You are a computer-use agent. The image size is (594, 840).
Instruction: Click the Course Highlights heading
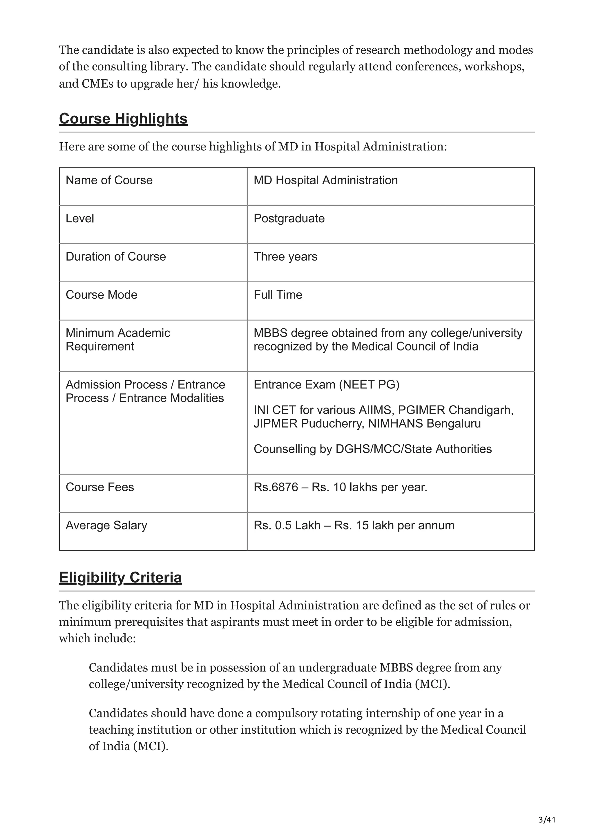pos(123,119)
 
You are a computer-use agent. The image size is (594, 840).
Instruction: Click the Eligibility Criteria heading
pos(120,578)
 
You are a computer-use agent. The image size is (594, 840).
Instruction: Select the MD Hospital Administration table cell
pos(325,180)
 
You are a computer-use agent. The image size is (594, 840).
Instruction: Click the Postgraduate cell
pos(289,219)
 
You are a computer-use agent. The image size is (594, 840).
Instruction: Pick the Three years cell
pos(285,257)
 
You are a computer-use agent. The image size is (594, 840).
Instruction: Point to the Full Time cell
pos(278,295)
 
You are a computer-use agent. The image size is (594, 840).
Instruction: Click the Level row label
pos(80,219)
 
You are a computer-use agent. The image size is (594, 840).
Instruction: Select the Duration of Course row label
pos(116,257)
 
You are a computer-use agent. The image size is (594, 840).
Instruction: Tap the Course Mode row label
pos(102,295)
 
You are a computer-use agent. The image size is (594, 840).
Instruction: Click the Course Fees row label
pos(99,487)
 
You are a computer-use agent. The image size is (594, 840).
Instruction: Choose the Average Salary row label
pos(106,526)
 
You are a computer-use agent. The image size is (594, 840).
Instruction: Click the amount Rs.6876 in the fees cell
pos(276,487)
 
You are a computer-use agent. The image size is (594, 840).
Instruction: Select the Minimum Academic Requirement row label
pos(117,339)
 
